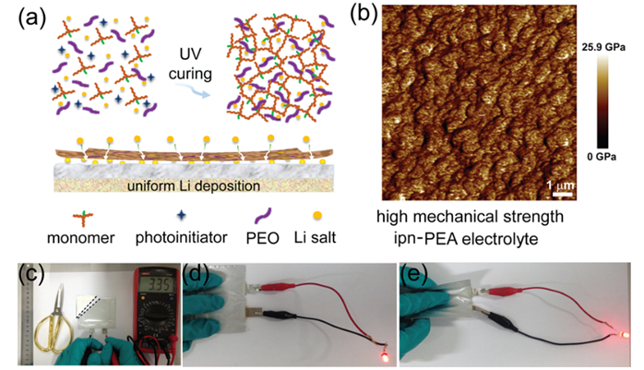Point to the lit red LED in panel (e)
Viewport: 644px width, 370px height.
[626, 333]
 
